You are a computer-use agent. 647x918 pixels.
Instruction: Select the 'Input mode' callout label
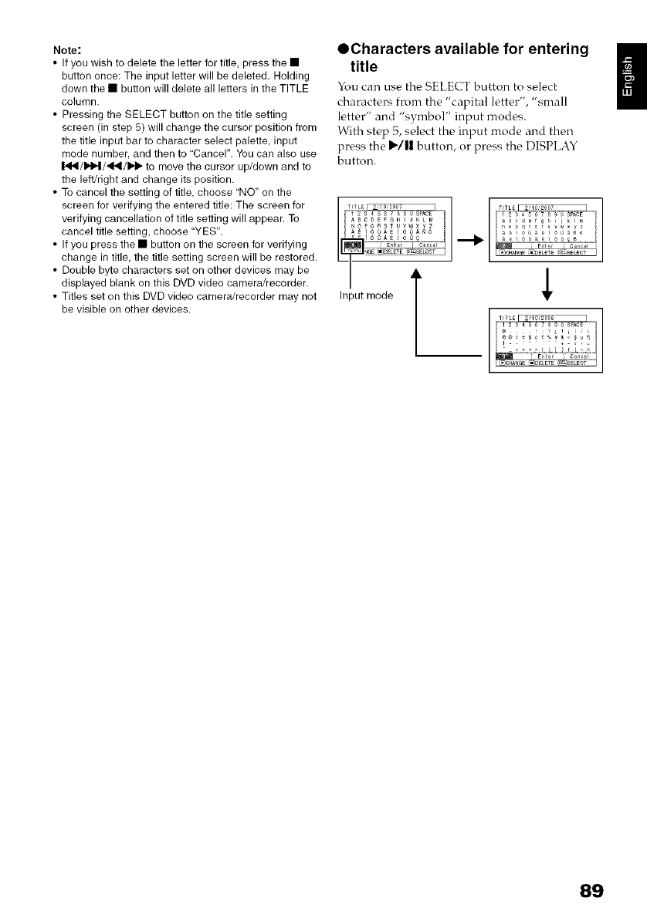click(x=367, y=295)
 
